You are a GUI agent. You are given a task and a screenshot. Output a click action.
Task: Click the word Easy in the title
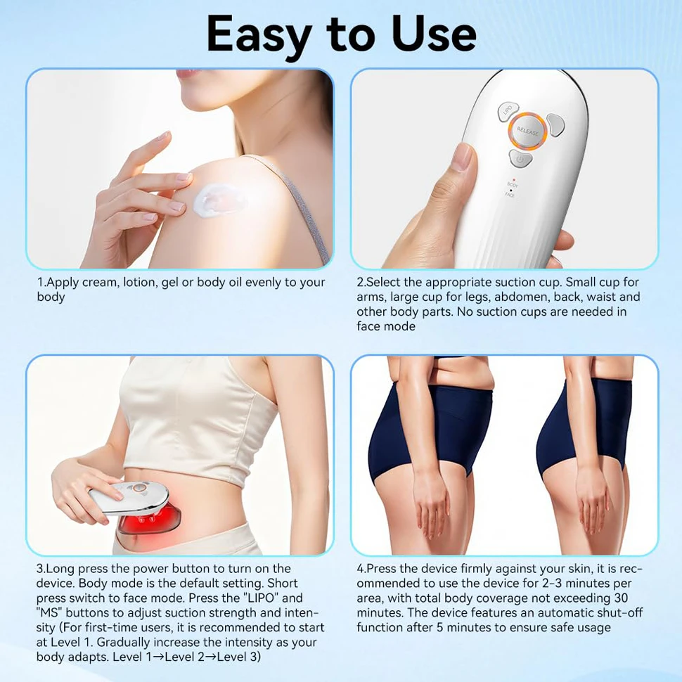coord(259,35)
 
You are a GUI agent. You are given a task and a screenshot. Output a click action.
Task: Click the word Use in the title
coord(433,34)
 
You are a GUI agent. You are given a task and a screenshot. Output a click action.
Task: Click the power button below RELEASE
coord(520,159)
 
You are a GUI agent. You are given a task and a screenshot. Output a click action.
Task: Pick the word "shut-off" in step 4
coord(618,612)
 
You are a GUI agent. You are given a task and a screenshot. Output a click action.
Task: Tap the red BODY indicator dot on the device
coord(513,179)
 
